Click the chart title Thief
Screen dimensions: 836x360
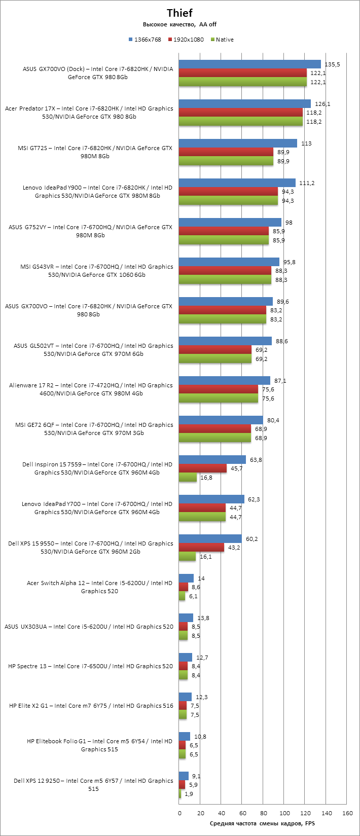[179, 13]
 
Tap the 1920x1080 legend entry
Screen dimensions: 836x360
[188, 40]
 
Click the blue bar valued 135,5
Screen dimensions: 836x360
[249, 64]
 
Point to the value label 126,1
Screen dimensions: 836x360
[322, 104]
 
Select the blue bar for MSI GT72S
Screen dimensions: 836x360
[238, 143]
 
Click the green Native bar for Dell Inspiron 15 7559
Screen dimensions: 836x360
[188, 478]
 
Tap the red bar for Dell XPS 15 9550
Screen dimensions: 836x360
[201, 548]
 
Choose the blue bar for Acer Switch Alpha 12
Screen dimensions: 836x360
[186, 578]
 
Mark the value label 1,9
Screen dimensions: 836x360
[189, 794]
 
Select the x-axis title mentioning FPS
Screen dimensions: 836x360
[262, 823]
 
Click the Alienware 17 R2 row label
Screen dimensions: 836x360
[91, 389]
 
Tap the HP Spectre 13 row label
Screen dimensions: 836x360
[91, 666]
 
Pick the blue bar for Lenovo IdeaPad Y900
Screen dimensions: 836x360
[237, 183]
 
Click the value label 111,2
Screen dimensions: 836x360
[307, 183]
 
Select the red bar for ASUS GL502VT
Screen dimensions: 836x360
[215, 350]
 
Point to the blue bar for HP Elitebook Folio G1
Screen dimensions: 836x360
[185, 737]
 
